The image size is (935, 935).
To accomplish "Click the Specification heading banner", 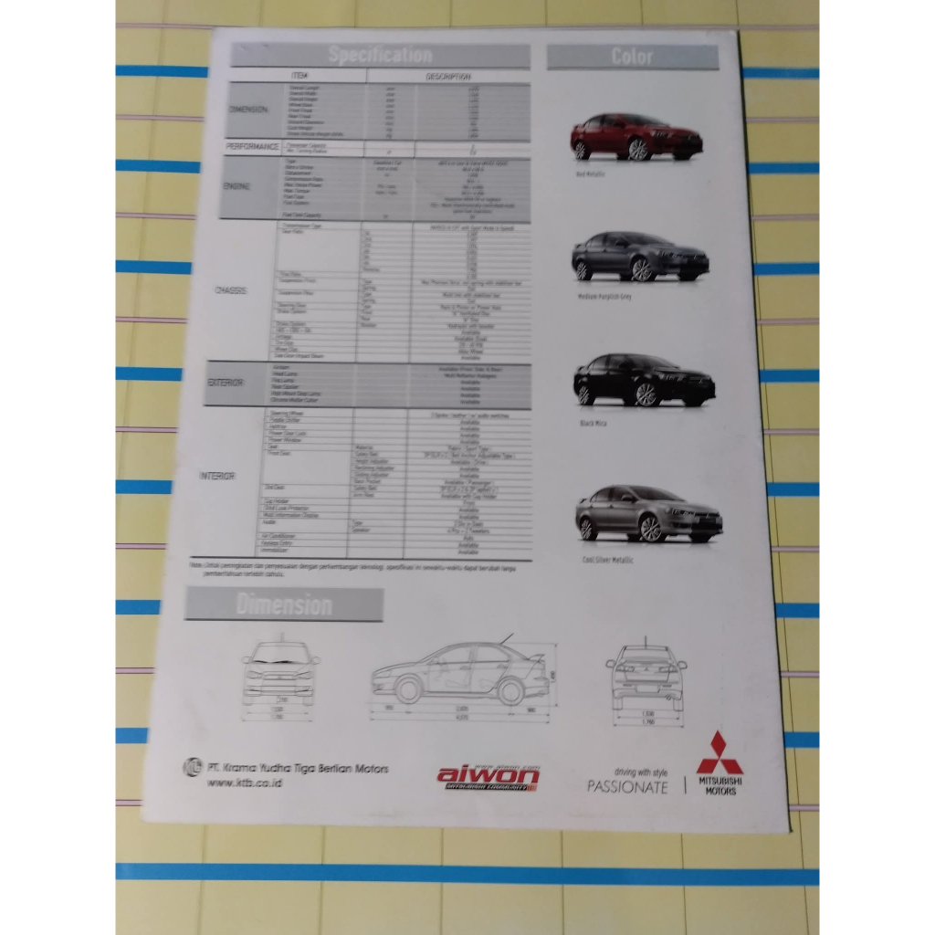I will click(380, 56).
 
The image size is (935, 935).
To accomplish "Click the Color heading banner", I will click(632, 57).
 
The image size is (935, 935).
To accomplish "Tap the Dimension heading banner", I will click(284, 604).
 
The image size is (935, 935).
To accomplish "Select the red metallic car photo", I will click(636, 138).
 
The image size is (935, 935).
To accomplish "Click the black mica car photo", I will click(644, 380).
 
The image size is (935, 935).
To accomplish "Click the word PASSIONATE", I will click(628, 786).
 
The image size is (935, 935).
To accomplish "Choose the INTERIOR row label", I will click(218, 476).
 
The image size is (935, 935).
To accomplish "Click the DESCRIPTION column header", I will click(447, 77).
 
